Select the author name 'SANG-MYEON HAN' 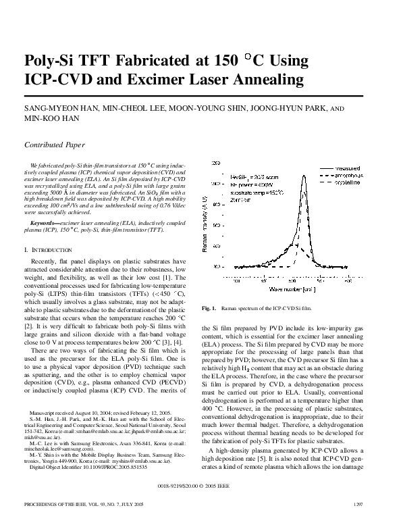click(55, 108)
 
